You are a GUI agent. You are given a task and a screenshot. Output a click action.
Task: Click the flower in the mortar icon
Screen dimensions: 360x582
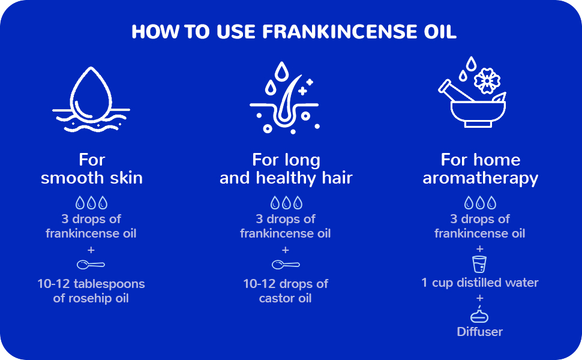pos(487,80)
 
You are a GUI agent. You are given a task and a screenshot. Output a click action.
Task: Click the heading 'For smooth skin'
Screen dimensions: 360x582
pos(92,169)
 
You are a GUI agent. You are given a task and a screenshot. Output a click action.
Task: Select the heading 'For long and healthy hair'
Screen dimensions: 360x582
pos(286,169)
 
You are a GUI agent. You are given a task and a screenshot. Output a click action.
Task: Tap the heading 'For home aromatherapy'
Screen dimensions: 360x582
pos(480,169)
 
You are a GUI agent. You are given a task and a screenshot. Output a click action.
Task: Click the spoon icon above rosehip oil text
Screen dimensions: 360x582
pos(91,264)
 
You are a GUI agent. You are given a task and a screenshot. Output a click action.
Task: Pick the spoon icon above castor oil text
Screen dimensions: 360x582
pos(286,264)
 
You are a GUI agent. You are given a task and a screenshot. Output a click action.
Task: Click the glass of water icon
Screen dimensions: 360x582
pos(479,264)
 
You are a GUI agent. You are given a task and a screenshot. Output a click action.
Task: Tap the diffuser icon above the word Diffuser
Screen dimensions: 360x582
pos(479,314)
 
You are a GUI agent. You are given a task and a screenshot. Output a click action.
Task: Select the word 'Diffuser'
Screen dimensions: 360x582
pos(479,331)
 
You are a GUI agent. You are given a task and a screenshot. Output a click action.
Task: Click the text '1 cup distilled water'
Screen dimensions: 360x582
pos(479,282)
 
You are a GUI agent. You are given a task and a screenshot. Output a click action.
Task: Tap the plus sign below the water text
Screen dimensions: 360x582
pos(479,298)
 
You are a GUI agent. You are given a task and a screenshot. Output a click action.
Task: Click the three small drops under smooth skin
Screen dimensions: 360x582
pos(91,203)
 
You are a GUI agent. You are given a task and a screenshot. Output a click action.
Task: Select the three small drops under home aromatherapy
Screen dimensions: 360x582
pos(479,203)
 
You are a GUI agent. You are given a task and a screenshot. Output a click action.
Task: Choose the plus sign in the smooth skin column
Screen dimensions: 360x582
pos(91,249)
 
